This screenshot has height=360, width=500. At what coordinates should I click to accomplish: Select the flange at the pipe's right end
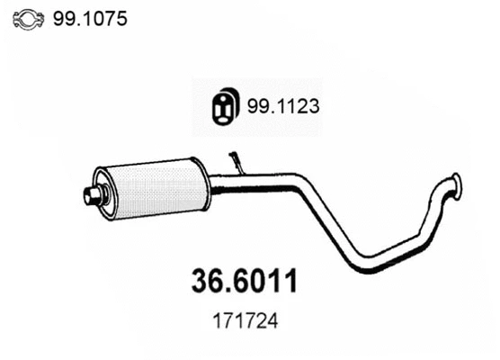tap(457, 184)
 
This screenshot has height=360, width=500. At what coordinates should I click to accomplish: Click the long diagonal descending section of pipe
tap(328, 225)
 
